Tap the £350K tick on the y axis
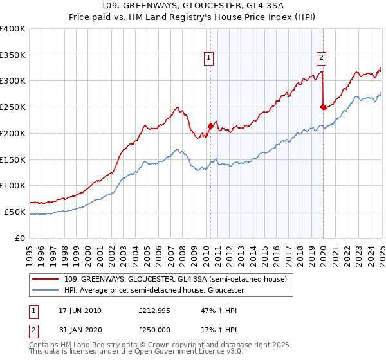click(13, 55)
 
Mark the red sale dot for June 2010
click(210, 126)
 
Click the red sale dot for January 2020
click(323, 107)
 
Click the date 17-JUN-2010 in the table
click(80, 311)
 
